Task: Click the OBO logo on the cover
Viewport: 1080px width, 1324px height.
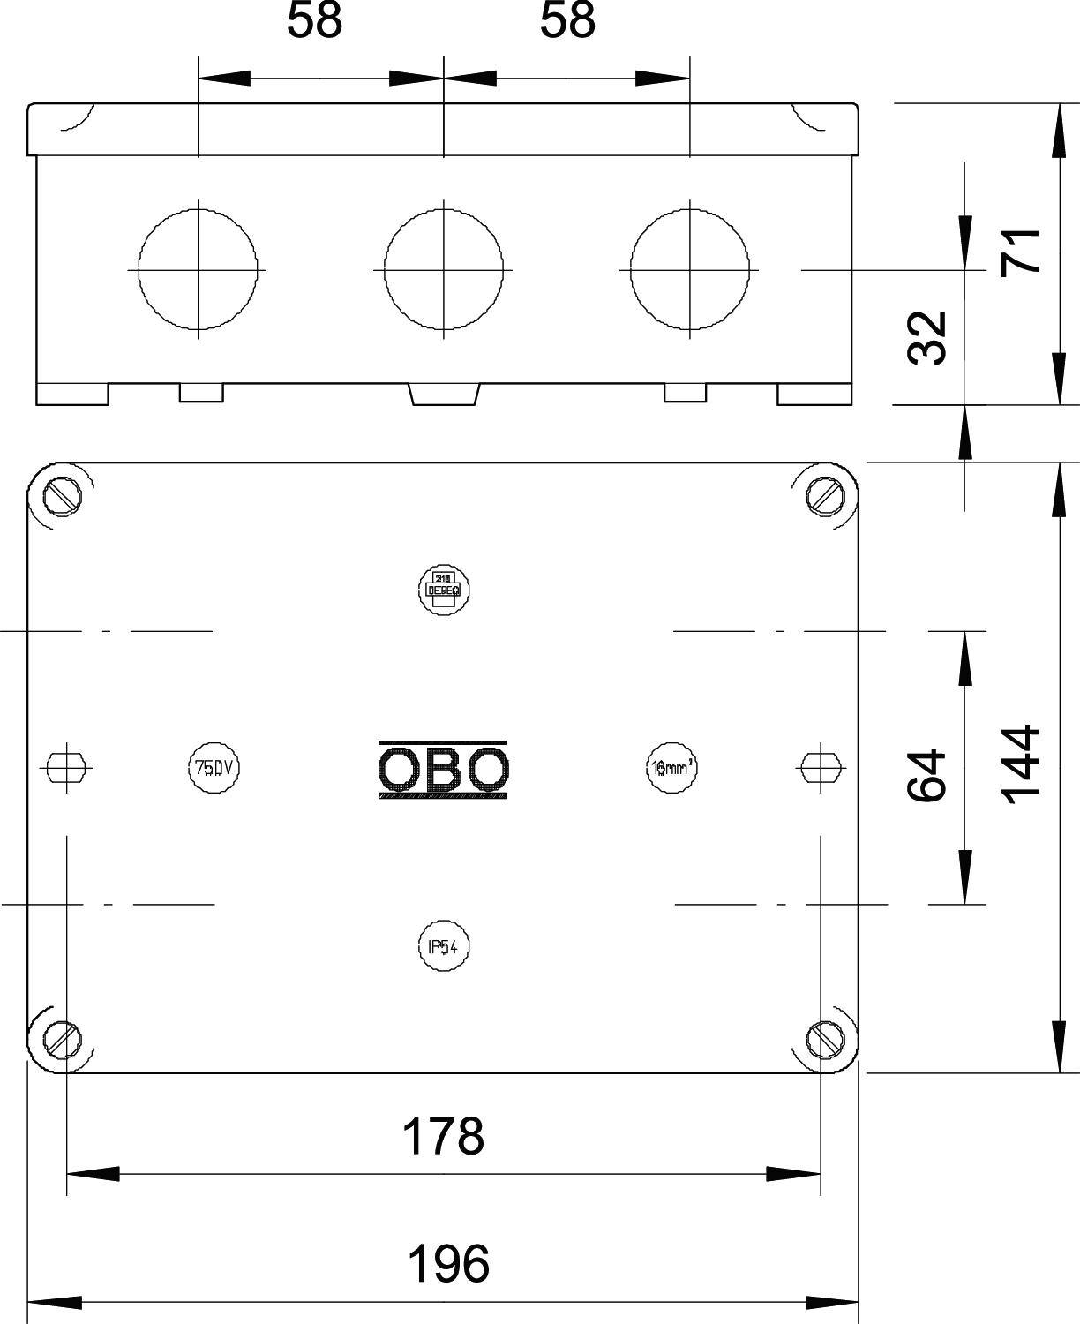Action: (x=443, y=770)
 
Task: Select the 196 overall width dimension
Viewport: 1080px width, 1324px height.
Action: (x=447, y=1263)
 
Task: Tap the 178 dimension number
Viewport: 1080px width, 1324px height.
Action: (x=443, y=1136)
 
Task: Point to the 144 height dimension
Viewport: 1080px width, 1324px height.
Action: (x=1021, y=765)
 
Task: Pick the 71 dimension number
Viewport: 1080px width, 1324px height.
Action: (x=1021, y=252)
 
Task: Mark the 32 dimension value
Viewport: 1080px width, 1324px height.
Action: (x=927, y=337)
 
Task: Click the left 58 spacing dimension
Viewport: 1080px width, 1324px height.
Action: (x=314, y=21)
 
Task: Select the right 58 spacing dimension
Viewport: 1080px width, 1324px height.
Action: (x=567, y=21)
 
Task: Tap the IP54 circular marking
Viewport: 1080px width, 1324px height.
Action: (x=443, y=947)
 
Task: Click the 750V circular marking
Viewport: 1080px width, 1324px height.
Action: (x=214, y=768)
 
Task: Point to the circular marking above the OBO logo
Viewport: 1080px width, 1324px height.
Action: (x=443, y=589)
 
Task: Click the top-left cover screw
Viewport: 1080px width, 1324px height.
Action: (x=64, y=496)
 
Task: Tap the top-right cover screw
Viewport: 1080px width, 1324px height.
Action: (x=824, y=496)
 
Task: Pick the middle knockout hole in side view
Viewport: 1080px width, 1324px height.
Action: (x=443, y=267)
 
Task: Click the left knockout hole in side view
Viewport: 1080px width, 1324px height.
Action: (x=198, y=267)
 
